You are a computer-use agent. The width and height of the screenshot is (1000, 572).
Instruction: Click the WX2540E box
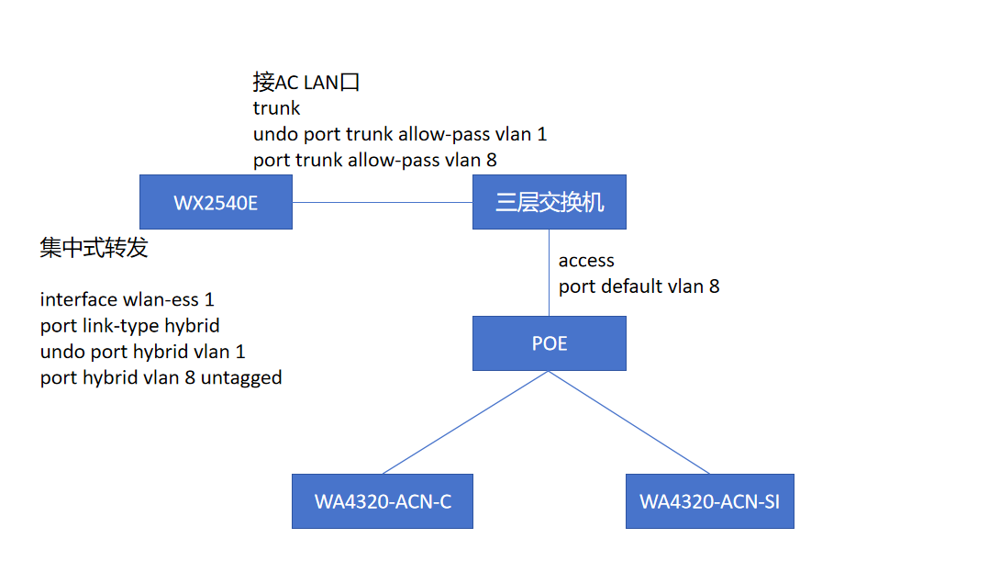(x=216, y=202)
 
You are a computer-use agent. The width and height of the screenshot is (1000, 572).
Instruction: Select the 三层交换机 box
(x=550, y=202)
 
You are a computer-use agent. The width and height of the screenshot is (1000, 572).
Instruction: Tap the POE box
(x=550, y=343)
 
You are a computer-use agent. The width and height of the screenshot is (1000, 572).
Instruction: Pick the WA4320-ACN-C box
(x=383, y=501)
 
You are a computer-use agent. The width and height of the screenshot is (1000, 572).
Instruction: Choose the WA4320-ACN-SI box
(x=709, y=501)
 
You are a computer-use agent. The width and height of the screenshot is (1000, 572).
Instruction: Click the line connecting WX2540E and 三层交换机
(x=382, y=202)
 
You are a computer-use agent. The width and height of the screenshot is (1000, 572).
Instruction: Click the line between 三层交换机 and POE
(x=550, y=273)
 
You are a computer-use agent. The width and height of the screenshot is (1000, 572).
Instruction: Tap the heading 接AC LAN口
(x=306, y=83)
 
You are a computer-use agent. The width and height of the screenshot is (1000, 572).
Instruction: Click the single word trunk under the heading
(x=276, y=108)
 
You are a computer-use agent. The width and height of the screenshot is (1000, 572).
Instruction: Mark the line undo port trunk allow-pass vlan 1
(x=400, y=134)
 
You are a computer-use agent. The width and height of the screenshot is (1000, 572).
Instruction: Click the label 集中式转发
(x=94, y=248)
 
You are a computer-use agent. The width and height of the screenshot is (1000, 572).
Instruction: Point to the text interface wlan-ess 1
(x=127, y=299)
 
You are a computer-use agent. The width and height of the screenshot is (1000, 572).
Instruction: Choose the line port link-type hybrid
(x=129, y=325)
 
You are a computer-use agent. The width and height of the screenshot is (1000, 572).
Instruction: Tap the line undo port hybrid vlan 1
(x=142, y=351)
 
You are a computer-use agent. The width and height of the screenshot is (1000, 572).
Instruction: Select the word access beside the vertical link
(x=586, y=261)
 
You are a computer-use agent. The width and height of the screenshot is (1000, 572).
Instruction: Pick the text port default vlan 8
(x=639, y=286)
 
